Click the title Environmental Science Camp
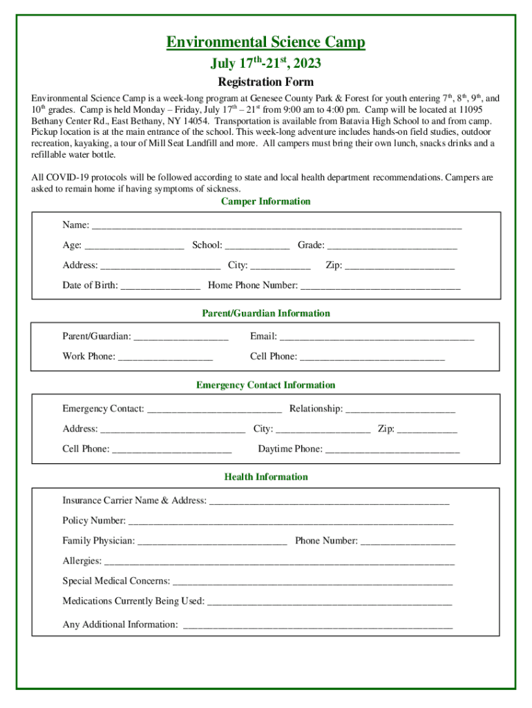[265, 43]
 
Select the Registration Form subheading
[265, 81]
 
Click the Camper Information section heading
[265, 201]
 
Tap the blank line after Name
[276, 226]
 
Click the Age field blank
[134, 246]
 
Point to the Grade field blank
[392, 246]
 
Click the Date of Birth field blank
[160, 286]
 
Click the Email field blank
[377, 337]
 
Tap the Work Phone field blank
[165, 357]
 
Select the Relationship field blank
[400, 410]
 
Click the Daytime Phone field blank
[392, 450]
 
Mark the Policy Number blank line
[290, 521]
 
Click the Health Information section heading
[266, 477]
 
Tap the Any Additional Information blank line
[317, 626]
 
